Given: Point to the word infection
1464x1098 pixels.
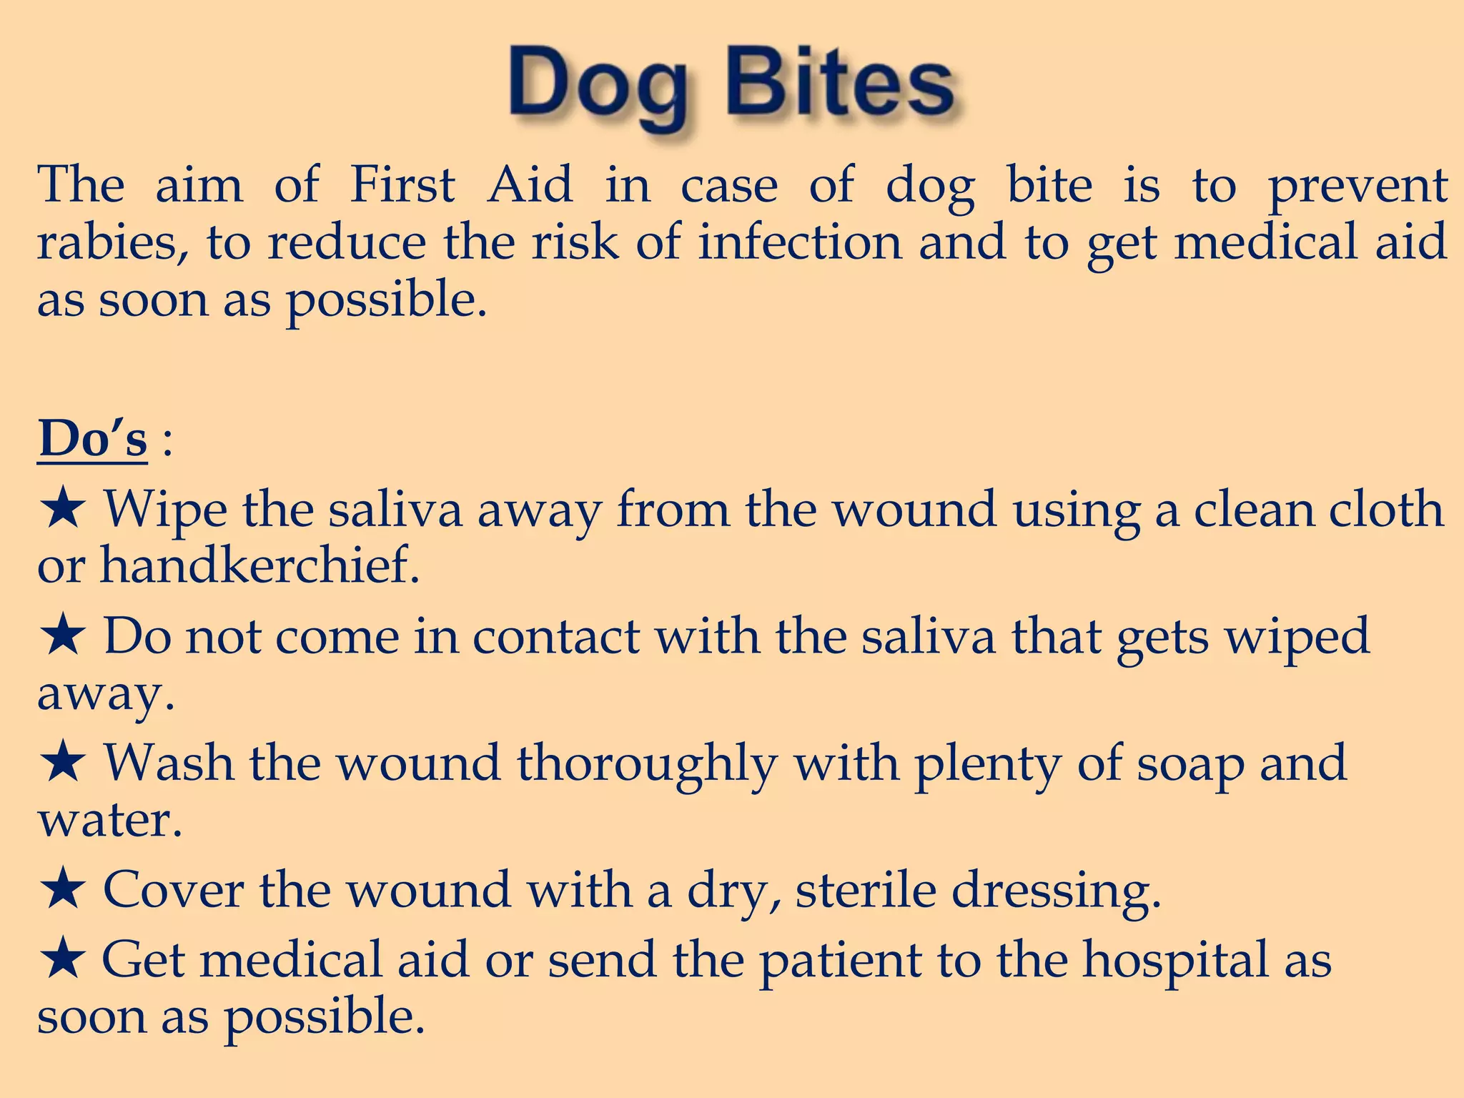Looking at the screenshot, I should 799,242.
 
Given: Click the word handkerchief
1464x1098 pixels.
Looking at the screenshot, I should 259,565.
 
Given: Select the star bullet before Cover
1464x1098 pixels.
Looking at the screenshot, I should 63,890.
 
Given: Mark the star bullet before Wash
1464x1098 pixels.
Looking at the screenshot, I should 63,763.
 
